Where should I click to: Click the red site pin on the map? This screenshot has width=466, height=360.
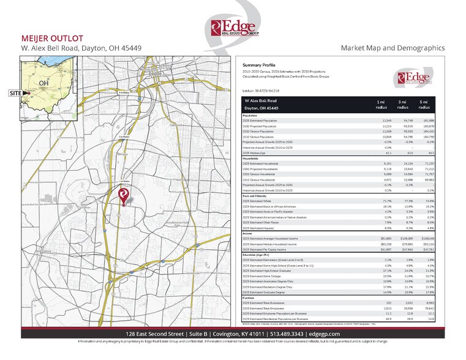point(122,195)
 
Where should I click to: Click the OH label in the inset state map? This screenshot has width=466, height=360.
point(43,83)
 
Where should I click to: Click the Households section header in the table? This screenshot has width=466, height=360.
point(250,158)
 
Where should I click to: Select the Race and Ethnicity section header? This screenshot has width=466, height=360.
point(256,195)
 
